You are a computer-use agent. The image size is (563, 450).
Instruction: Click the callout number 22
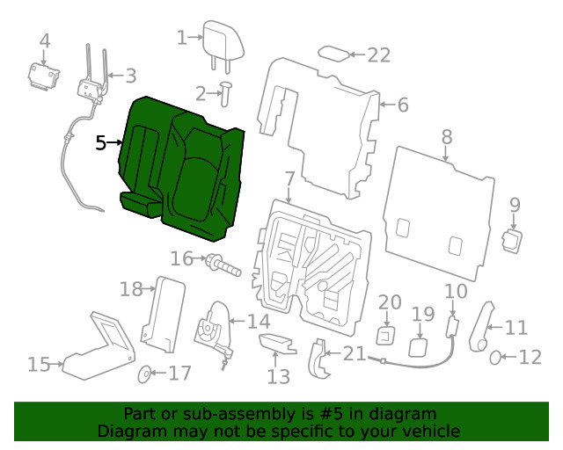click(378, 55)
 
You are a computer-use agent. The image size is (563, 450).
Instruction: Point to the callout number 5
click(101, 142)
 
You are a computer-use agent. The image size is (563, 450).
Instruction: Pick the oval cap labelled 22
click(333, 54)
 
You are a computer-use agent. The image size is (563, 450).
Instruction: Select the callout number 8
click(447, 137)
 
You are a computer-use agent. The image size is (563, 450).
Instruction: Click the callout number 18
click(131, 288)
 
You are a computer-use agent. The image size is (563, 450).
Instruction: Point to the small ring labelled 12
click(497, 357)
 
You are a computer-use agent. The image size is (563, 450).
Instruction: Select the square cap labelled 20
click(386, 335)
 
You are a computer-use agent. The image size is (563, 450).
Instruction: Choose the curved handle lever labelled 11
click(482, 326)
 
